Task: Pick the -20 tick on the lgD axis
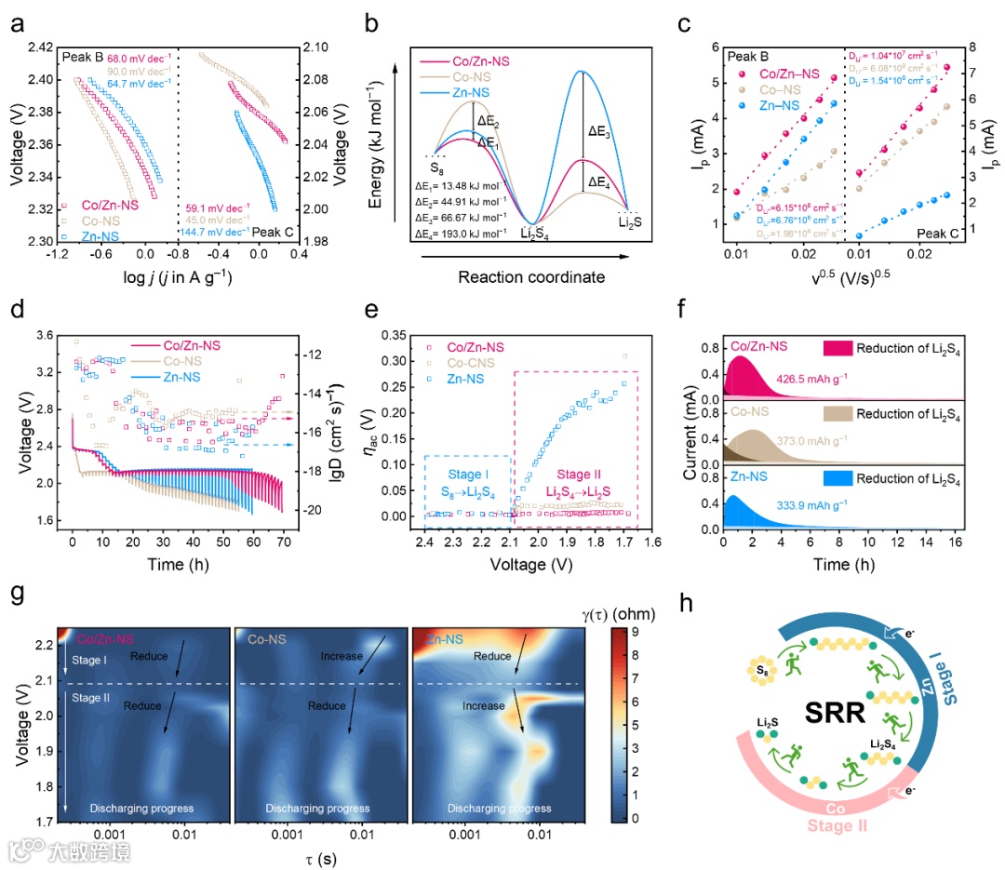click(311, 510)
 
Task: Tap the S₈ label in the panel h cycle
click(763, 669)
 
